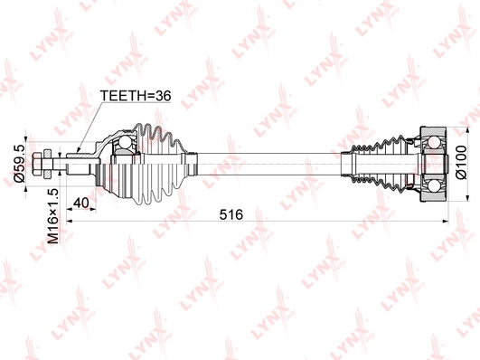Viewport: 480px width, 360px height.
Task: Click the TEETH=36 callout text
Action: pyautogui.click(x=136, y=96)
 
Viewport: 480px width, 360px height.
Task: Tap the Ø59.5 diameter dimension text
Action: pyautogui.click(x=20, y=164)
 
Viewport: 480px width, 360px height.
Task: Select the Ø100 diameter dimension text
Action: pyautogui.click(x=461, y=162)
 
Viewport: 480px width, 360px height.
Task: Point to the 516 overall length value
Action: pyautogui.click(x=231, y=214)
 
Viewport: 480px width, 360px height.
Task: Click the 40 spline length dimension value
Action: pyautogui.click(x=81, y=203)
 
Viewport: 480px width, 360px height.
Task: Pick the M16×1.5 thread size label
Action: pyautogui.click(x=52, y=216)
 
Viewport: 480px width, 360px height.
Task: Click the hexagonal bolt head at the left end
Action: pyautogui.click(x=36, y=164)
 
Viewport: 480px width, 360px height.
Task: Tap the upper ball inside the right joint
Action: pyautogui.click(x=435, y=142)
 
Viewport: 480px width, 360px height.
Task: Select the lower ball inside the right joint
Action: pyautogui.click(x=434, y=186)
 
